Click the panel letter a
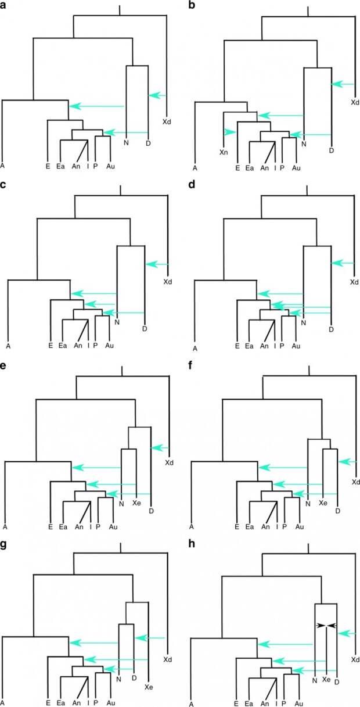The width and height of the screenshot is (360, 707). pyautogui.click(x=3, y=5)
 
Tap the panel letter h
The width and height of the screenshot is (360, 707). pyautogui.click(x=191, y=544)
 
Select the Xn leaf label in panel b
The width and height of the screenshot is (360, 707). pyautogui.click(x=224, y=152)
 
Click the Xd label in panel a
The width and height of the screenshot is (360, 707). pyautogui.click(x=167, y=121)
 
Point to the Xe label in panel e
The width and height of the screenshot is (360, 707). pyautogui.click(x=136, y=503)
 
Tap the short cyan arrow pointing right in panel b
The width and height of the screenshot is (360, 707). pyautogui.click(x=230, y=132)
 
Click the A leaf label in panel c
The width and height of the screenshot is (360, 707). pyautogui.click(x=8, y=346)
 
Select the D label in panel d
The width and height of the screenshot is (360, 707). pyautogui.click(x=332, y=329)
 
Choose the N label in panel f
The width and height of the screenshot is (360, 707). pyautogui.click(x=308, y=504)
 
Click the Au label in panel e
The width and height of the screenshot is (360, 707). pyautogui.click(x=113, y=527)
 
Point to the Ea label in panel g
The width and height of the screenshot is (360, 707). pyautogui.click(x=61, y=703)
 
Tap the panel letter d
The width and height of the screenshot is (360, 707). pyautogui.click(x=191, y=185)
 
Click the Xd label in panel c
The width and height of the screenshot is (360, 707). pyautogui.click(x=168, y=282)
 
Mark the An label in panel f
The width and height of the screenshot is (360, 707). pyautogui.click(x=265, y=527)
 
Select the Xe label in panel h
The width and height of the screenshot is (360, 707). pyautogui.click(x=326, y=679)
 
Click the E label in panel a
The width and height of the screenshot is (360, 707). pyautogui.click(x=48, y=166)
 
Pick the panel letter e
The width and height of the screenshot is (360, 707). pyautogui.click(x=3, y=366)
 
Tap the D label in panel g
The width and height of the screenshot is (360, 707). pyautogui.click(x=134, y=678)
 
